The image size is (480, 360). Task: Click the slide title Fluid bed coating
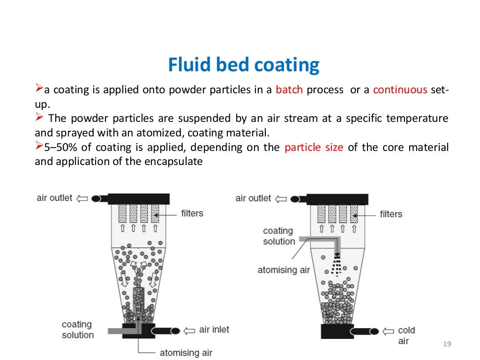(244, 65)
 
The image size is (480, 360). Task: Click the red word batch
(289, 90)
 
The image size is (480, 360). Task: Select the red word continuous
(400, 90)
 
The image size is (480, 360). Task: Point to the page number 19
(446, 345)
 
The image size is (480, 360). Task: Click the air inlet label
(214, 330)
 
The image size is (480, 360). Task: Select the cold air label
(406, 336)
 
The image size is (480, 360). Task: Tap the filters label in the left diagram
(192, 214)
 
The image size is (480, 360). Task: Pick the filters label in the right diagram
(391, 214)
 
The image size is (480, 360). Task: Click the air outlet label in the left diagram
(54, 198)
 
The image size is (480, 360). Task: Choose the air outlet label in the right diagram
(253, 198)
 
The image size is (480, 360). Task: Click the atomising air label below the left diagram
(186, 352)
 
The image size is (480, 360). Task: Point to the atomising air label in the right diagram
(284, 270)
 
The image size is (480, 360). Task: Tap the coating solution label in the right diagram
(279, 236)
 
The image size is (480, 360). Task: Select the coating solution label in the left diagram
(78, 330)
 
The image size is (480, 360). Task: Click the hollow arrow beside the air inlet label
(190, 330)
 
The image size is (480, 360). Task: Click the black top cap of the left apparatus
(138, 199)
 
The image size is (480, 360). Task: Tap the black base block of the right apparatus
(337, 331)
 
